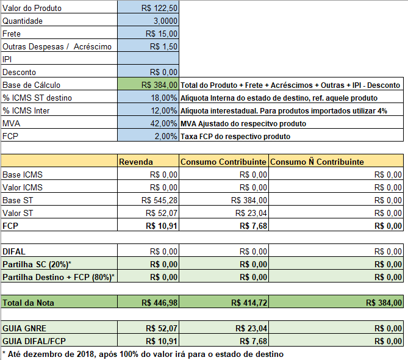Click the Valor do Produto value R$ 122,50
(x=159, y=8)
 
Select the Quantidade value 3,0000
(x=165, y=21)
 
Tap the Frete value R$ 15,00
(x=162, y=34)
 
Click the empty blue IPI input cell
(x=148, y=59)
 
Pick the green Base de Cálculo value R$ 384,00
(x=159, y=85)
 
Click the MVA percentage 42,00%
(x=163, y=123)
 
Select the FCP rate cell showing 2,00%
(x=166, y=136)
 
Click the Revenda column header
(x=136, y=162)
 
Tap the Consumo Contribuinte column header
(x=223, y=162)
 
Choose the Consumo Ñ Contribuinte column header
(x=317, y=162)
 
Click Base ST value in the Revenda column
(x=159, y=200)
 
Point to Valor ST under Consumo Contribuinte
(x=251, y=213)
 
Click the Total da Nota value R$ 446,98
(x=159, y=303)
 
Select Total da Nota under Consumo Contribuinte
(x=249, y=303)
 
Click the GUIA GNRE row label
(x=24, y=328)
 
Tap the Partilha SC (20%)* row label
(x=37, y=264)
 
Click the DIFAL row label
(x=14, y=251)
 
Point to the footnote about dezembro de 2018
(x=143, y=354)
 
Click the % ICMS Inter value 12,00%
(x=164, y=110)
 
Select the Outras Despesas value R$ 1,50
(x=163, y=46)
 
